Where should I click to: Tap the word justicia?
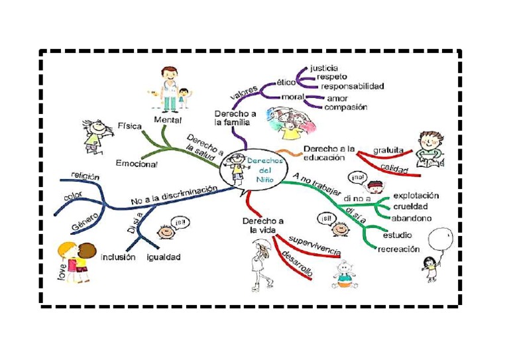(x=324, y=68)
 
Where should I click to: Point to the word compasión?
(x=346, y=107)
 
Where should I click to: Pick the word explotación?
(x=416, y=196)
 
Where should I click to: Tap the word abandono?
(x=411, y=217)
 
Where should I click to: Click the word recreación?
(x=398, y=249)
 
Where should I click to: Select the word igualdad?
(x=164, y=257)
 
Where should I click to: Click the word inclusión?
(x=117, y=257)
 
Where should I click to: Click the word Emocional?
(x=137, y=163)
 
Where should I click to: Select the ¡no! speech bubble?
(x=359, y=178)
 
